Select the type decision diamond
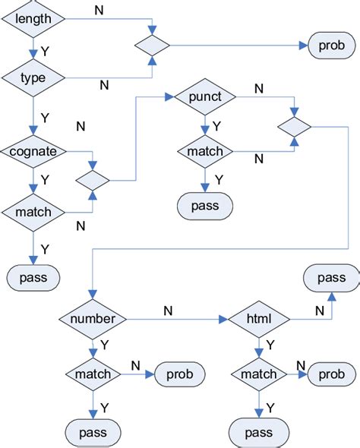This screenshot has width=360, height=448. coord(32,77)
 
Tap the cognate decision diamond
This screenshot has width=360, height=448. coord(32,151)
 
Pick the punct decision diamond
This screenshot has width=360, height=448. coord(204,97)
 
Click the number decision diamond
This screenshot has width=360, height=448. coord(93,319)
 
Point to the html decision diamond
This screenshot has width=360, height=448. coord(259,319)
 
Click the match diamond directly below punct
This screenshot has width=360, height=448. coord(204,152)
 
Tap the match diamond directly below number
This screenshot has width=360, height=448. coord(93,374)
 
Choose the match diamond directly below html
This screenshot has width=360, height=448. coord(259,374)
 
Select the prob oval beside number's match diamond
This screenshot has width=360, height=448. coord(179,374)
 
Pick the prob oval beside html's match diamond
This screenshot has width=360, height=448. coord(331,374)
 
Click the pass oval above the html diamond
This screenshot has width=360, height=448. coord(331,278)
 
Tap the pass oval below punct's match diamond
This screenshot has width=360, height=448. coord(204,207)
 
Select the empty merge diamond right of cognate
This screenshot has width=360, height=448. coord(93,181)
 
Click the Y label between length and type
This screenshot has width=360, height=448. coord(46,51)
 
